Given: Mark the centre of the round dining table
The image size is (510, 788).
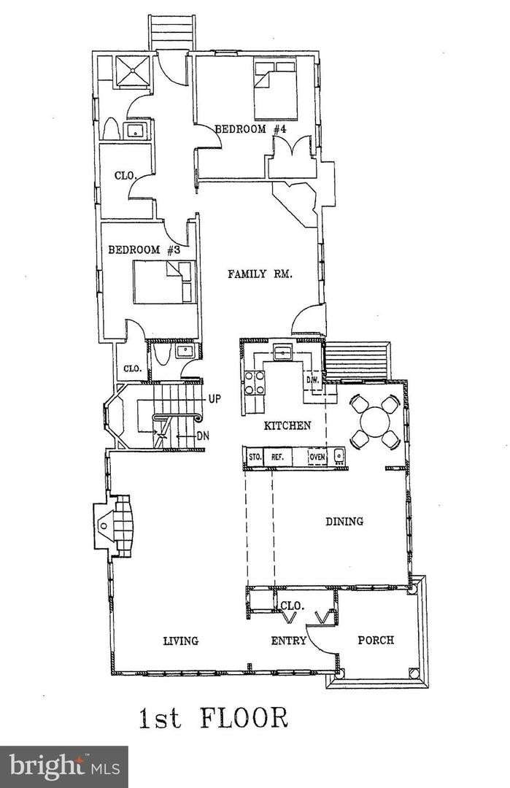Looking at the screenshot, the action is [x=375, y=421].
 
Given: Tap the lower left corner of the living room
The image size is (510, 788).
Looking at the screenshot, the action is [x=112, y=673].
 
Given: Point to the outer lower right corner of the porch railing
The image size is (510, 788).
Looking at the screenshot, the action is [x=428, y=687].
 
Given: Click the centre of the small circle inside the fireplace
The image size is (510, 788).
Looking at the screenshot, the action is [x=103, y=525].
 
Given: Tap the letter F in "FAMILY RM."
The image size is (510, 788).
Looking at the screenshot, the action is [x=231, y=274].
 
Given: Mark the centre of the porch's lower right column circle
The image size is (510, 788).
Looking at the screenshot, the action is [x=414, y=673].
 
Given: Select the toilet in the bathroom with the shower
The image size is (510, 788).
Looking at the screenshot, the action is [x=111, y=129].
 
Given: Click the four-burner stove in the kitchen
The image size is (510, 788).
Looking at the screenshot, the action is [x=254, y=382].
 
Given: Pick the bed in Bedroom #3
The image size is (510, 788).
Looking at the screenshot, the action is [x=164, y=282].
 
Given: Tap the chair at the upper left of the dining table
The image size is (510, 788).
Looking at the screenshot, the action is [x=359, y=403].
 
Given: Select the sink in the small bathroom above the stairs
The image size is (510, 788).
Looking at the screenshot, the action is [x=185, y=351].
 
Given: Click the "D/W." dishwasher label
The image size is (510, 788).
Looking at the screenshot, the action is [x=312, y=380].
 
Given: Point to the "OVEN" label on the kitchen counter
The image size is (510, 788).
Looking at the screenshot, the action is [x=317, y=457].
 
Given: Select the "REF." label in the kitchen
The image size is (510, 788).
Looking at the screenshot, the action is [x=277, y=457].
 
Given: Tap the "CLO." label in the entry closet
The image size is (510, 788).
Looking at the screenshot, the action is [x=293, y=606].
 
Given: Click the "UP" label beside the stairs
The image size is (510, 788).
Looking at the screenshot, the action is [x=215, y=399].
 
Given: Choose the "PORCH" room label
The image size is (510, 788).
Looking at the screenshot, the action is [x=375, y=641].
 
